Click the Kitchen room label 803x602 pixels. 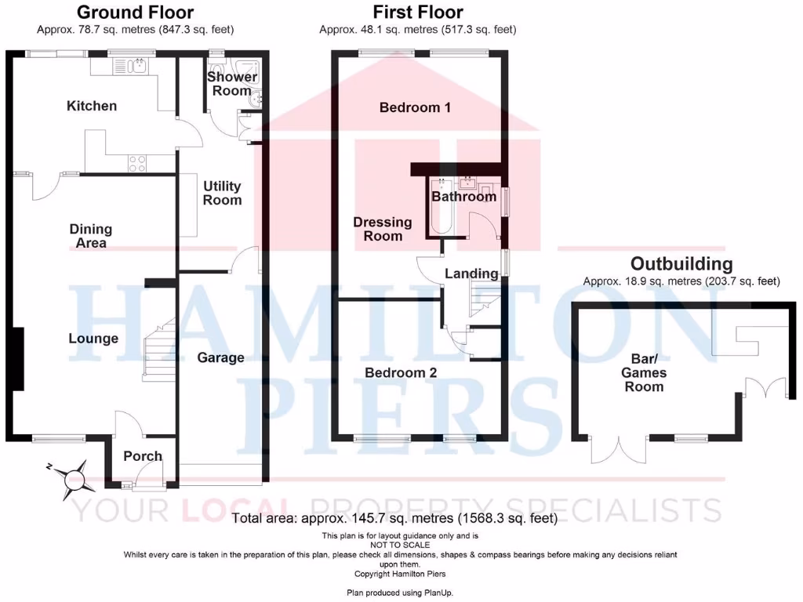92,106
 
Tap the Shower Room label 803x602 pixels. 232,84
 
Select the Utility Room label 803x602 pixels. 222,193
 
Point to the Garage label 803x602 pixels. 220,357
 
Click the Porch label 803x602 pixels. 143,456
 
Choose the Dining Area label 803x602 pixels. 91,236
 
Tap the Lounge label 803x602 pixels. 93,339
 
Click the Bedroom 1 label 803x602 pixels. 415,107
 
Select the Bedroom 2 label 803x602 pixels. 401,373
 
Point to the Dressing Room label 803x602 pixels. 383,229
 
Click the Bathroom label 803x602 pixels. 464,197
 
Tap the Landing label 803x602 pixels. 471,274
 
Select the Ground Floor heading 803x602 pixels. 135,13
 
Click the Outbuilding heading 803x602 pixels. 681,264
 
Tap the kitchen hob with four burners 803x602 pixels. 137,163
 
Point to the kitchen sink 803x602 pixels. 138,67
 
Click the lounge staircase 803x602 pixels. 159,353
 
